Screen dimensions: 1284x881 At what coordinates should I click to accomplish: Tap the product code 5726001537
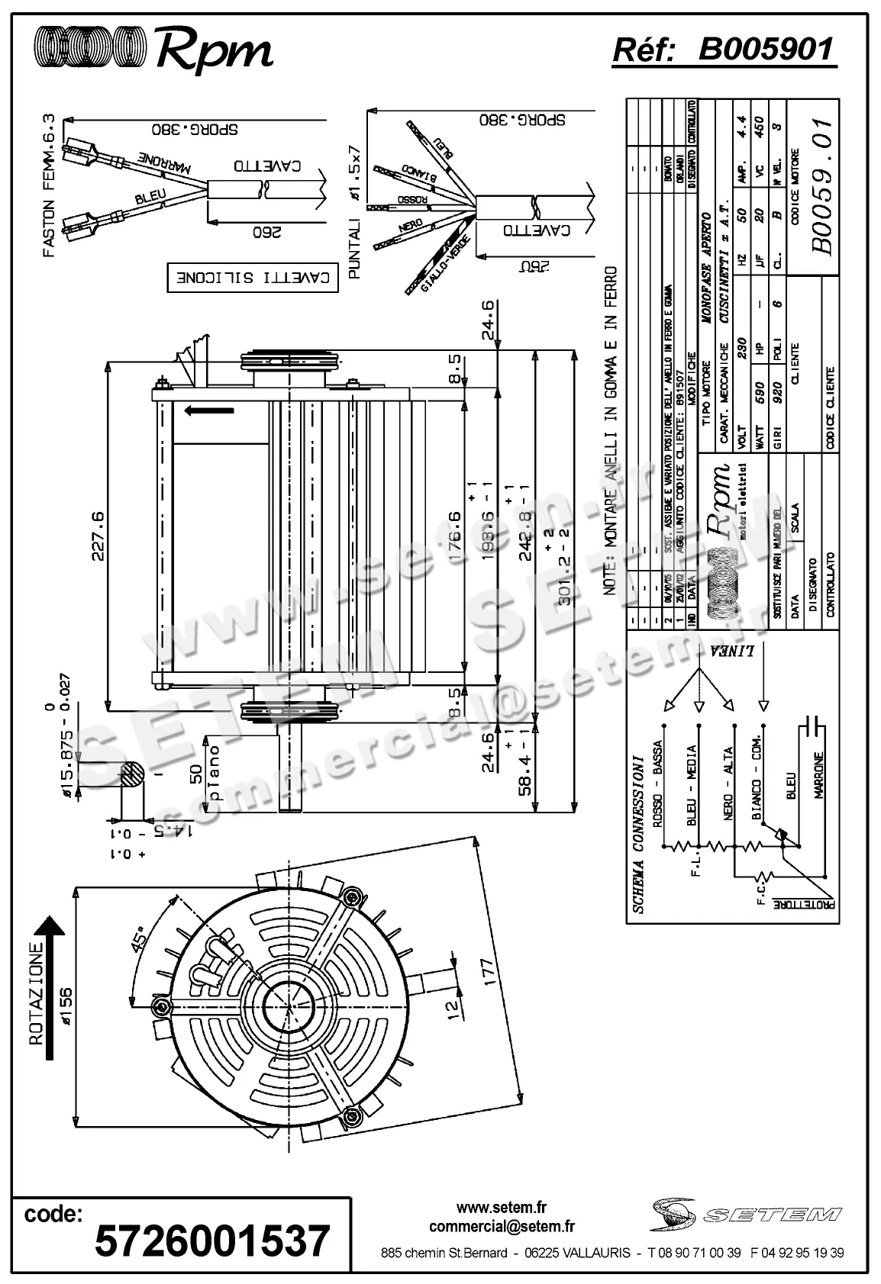(212, 1241)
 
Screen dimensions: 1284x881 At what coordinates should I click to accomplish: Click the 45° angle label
(140, 939)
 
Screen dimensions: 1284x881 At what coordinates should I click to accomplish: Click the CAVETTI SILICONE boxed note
(252, 278)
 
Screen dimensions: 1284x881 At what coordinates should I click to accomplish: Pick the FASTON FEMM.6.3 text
(49, 185)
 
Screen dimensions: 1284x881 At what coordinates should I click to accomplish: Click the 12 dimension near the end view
(452, 1009)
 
